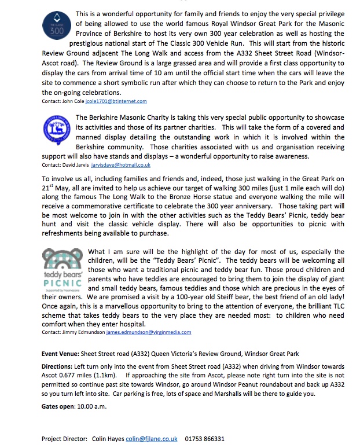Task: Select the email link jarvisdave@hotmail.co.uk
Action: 123,165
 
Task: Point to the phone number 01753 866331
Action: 205,439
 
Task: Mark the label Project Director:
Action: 64,439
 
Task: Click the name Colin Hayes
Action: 108,439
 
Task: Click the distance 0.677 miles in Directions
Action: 80,376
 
